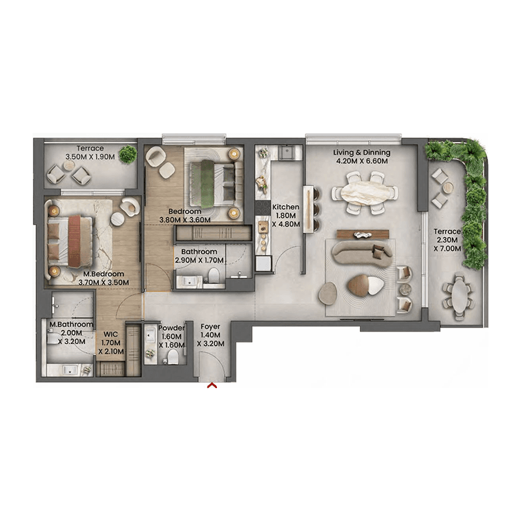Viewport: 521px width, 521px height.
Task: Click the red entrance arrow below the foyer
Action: click(212, 386)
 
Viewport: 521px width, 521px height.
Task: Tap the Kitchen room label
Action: click(285, 207)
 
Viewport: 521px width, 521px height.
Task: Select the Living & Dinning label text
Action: click(361, 152)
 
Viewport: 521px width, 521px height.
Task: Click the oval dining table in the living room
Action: click(365, 193)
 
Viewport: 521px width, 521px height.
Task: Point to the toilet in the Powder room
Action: click(172, 357)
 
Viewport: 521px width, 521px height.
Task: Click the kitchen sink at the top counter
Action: click(287, 152)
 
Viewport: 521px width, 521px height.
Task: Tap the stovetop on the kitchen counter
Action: click(263, 208)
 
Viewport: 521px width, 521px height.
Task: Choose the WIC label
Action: click(110, 334)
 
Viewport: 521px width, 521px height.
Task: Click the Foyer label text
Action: click(210, 327)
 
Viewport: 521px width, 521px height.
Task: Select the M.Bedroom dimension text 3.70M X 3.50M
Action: click(104, 283)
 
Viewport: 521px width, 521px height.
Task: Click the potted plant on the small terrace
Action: click(128, 154)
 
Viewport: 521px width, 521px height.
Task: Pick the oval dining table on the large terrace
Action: click(458, 296)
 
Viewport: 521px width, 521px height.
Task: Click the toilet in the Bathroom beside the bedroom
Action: click(214, 275)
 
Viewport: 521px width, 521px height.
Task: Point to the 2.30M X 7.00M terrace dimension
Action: click(447, 244)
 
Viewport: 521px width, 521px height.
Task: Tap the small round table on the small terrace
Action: click(69, 165)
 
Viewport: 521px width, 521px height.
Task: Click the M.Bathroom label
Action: click(71, 324)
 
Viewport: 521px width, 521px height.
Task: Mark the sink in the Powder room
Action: click(150, 335)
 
